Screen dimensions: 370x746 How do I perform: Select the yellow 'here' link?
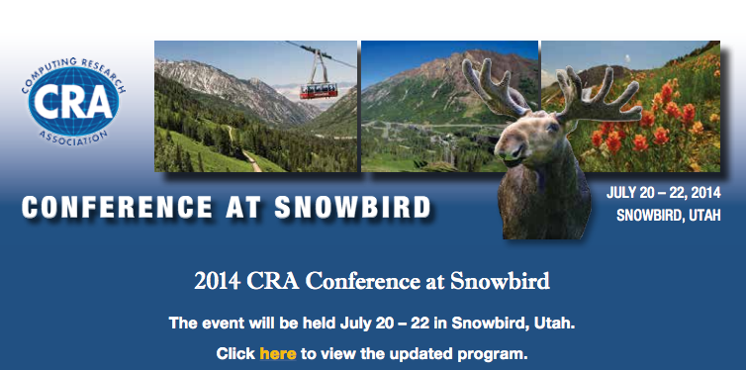[x=278, y=353]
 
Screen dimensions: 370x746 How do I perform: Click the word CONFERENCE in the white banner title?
[x=105, y=208]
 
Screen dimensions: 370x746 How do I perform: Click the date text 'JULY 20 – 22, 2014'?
[x=662, y=193]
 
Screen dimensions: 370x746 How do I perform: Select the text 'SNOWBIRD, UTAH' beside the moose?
[x=668, y=216]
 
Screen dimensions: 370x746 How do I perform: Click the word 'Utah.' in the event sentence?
[x=556, y=324]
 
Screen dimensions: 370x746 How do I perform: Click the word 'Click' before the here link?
[x=235, y=353]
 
